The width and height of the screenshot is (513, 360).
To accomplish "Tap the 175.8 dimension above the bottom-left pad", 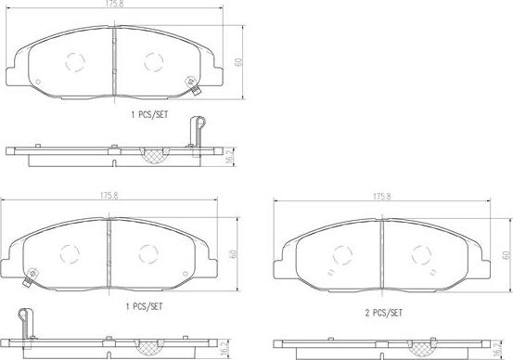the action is [x=109, y=196].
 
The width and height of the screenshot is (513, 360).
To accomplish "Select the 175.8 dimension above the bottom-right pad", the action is [x=382, y=197].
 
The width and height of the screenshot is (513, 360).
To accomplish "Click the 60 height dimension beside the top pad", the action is [x=238, y=62].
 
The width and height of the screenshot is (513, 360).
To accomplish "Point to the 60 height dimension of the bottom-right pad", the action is [x=507, y=254].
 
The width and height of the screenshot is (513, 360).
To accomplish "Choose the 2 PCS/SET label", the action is [x=383, y=314].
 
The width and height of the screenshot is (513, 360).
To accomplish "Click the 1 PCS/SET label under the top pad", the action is [x=149, y=115].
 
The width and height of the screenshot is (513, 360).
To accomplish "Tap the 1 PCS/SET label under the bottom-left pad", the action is [x=145, y=307].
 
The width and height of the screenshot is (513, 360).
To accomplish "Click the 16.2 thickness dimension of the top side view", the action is [x=230, y=156].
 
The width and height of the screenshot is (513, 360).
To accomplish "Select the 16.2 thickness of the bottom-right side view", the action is [x=496, y=349].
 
